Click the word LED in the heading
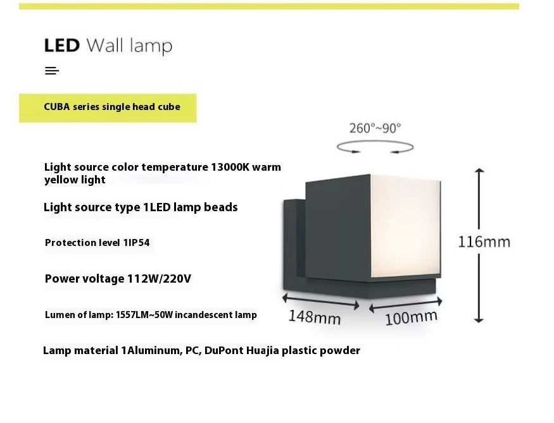[61, 46]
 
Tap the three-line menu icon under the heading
[52, 71]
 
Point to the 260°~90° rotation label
[375, 128]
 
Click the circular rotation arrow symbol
[375, 148]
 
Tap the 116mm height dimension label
[484, 242]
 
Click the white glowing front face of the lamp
[405, 228]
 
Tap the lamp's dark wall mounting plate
[293, 247]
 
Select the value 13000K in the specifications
[232, 168]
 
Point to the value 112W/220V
[160, 278]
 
